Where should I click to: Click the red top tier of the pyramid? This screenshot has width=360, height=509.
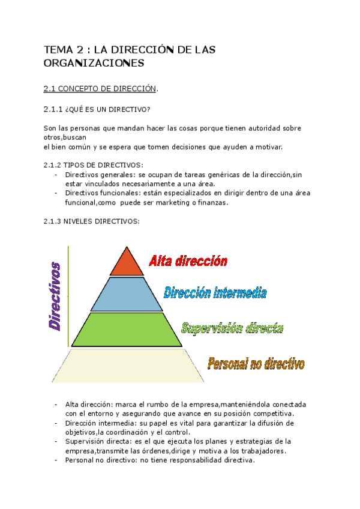pos(126,264)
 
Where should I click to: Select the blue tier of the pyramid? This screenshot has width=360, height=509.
pos(126,294)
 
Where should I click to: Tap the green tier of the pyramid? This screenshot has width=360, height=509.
pos(127,330)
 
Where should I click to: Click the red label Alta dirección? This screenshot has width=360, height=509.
pos(188,261)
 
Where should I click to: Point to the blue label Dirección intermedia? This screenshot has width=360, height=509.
pos(215,293)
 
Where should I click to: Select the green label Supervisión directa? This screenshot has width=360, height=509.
pos(232,328)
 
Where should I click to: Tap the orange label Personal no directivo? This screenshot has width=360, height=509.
pos(256,364)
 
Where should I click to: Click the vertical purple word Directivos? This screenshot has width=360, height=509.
pos(55,296)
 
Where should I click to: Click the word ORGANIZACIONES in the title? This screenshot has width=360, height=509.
pos(94,62)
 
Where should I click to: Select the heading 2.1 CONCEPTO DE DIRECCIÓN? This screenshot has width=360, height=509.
pos(101,89)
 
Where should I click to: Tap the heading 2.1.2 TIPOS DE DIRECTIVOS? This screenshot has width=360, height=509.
pos(93,165)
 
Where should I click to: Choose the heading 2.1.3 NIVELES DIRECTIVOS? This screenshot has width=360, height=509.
pos(91,221)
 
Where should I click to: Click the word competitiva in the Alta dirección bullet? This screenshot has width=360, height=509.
pos(272,414)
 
